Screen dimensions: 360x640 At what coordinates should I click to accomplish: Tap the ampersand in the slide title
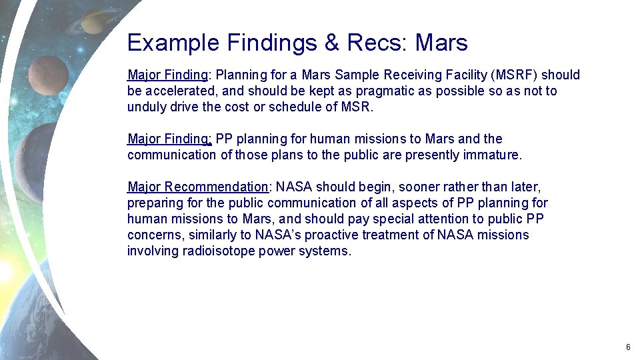tap(331, 43)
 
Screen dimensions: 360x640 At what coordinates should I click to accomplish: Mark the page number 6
tap(628, 347)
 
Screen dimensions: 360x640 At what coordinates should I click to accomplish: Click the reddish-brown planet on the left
tap(48, 76)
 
